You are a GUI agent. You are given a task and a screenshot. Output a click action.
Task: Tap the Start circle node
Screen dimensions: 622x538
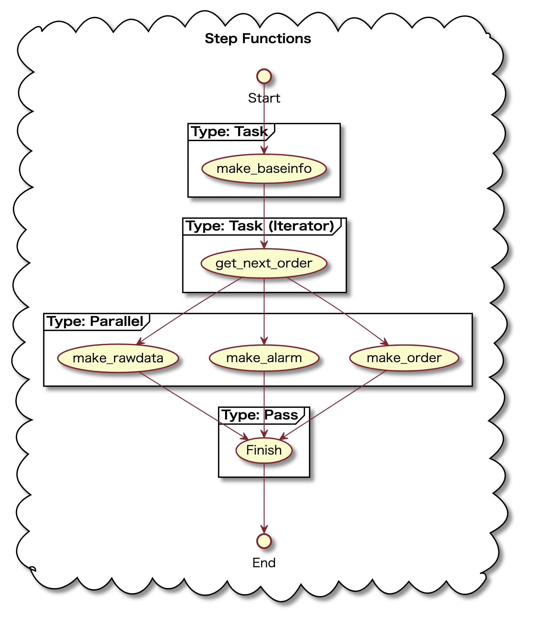pos(264,76)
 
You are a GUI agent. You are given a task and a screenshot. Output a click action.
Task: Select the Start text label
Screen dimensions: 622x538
pos(264,98)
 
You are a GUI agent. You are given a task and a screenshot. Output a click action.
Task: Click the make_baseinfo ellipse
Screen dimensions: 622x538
pos(264,168)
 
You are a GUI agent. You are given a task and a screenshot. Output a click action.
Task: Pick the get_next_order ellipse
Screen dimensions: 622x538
pos(264,263)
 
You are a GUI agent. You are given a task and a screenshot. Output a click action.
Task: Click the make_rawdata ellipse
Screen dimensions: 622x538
pos(118,358)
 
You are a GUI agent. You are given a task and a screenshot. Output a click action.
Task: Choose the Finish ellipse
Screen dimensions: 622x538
pos(264,450)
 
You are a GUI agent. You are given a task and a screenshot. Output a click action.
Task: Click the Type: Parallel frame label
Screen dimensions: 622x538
pos(95,321)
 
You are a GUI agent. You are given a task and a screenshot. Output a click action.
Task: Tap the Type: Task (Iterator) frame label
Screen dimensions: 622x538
pos(260,226)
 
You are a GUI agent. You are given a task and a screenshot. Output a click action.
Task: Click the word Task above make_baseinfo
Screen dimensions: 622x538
pos(251,132)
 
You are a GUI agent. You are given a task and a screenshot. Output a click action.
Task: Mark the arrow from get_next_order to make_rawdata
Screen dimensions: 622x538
pos(189,310)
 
